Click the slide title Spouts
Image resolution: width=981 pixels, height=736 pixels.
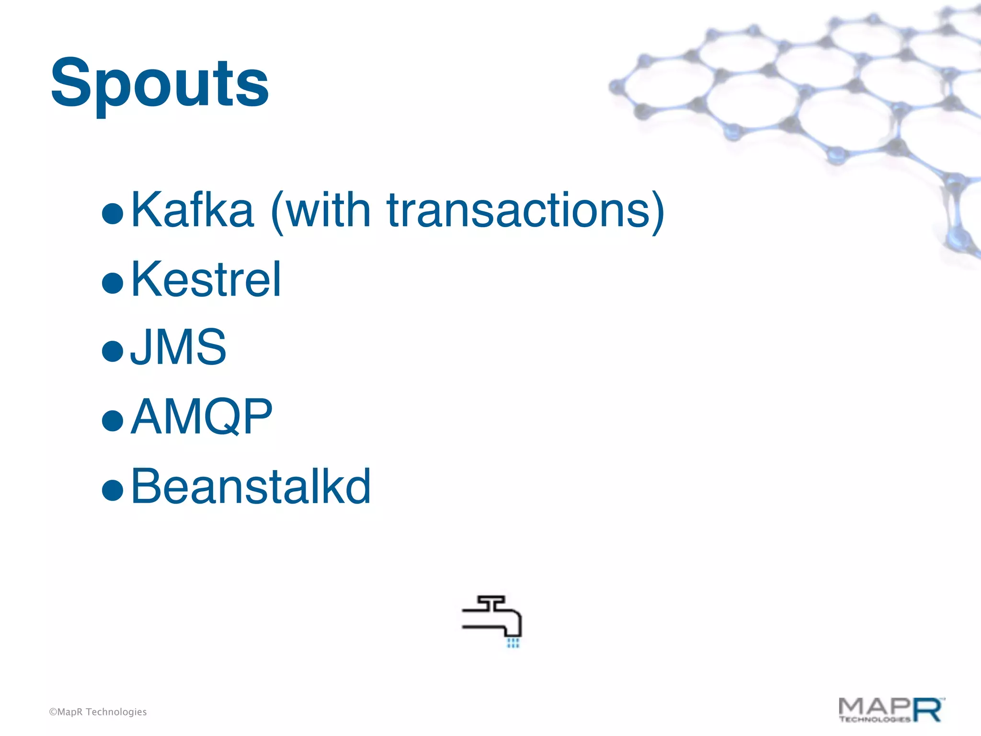pos(160,84)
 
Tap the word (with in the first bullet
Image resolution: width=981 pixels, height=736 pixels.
pos(320,211)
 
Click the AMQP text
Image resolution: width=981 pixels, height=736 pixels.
pos(201,417)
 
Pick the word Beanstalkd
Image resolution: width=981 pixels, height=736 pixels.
pos(251,486)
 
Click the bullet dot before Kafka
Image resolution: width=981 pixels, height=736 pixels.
pos(113,213)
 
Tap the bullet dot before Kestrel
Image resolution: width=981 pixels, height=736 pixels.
pos(113,282)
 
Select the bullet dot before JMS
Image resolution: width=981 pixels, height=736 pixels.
pos(113,351)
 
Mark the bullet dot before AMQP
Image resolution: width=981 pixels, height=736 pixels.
pos(113,420)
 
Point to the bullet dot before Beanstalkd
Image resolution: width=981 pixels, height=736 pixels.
pos(113,489)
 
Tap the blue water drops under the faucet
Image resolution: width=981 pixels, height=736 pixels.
pos(513,643)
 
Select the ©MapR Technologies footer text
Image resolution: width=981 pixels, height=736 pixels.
pos(98,712)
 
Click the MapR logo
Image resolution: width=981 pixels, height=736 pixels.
pos(890,710)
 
